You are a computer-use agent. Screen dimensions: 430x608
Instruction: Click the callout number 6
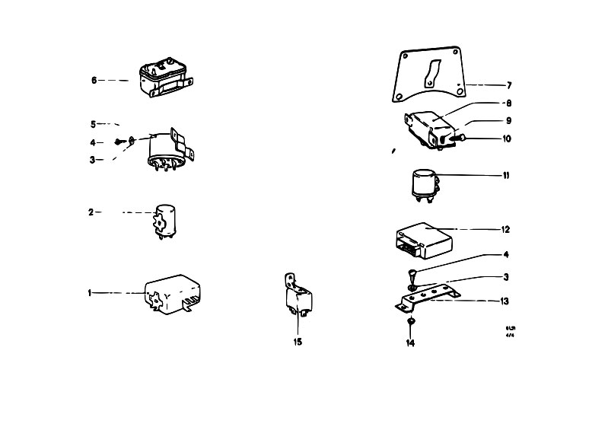click(x=94, y=80)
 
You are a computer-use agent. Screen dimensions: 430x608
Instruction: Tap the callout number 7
click(x=509, y=84)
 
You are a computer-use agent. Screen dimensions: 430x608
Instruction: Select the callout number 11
click(x=506, y=176)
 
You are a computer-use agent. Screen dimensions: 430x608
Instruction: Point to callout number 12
click(x=506, y=229)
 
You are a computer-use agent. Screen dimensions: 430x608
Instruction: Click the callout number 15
click(x=298, y=342)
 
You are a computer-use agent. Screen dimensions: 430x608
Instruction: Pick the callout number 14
click(x=410, y=342)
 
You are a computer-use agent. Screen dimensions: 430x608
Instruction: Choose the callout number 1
click(x=89, y=293)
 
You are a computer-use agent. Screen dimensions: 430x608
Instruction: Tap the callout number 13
click(x=505, y=301)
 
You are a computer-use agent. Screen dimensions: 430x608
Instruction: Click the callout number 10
click(x=507, y=139)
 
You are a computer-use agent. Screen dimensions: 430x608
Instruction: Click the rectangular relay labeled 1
click(x=171, y=293)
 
